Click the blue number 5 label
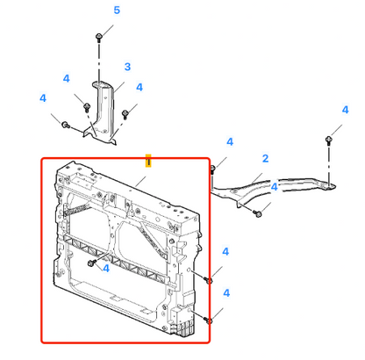coord(117,11)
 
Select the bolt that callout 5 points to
coord(99,38)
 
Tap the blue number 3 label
coord(127,67)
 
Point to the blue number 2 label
coord(265,158)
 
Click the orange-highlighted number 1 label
coord(148,161)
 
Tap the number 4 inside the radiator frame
coord(106,269)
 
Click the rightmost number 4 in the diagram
coord(346,110)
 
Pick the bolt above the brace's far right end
coord(328,140)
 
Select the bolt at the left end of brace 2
coord(212,169)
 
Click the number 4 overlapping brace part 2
coord(274,187)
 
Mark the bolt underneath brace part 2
coord(258,214)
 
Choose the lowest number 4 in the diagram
coord(226,293)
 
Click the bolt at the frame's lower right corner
coord(208,320)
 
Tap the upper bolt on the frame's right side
coord(208,280)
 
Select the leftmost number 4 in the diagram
coord(43,98)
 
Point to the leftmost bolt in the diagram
coord(66,125)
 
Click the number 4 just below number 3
coord(140,87)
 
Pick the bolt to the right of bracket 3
coord(125,114)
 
